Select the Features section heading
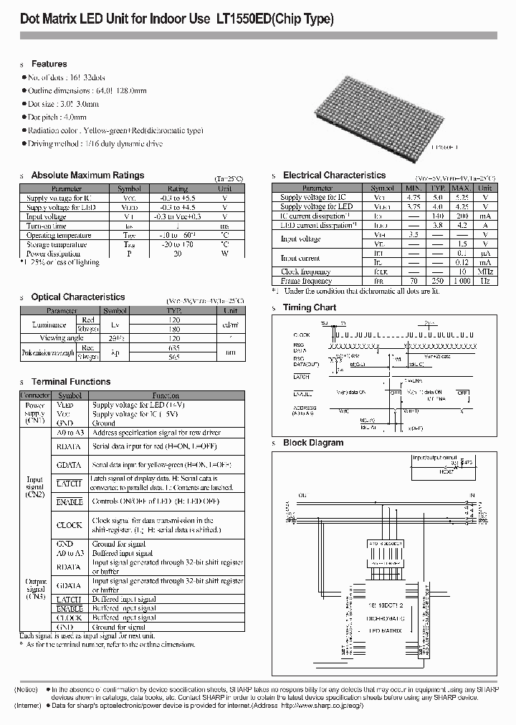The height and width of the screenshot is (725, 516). [49, 64]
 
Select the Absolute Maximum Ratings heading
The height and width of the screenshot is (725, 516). [87, 175]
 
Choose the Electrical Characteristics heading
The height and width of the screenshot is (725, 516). [334, 175]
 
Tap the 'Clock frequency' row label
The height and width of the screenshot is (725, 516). [306, 272]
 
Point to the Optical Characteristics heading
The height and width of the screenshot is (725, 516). [78, 297]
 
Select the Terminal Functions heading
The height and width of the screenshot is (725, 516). [71, 382]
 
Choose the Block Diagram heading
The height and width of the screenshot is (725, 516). [313, 443]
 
